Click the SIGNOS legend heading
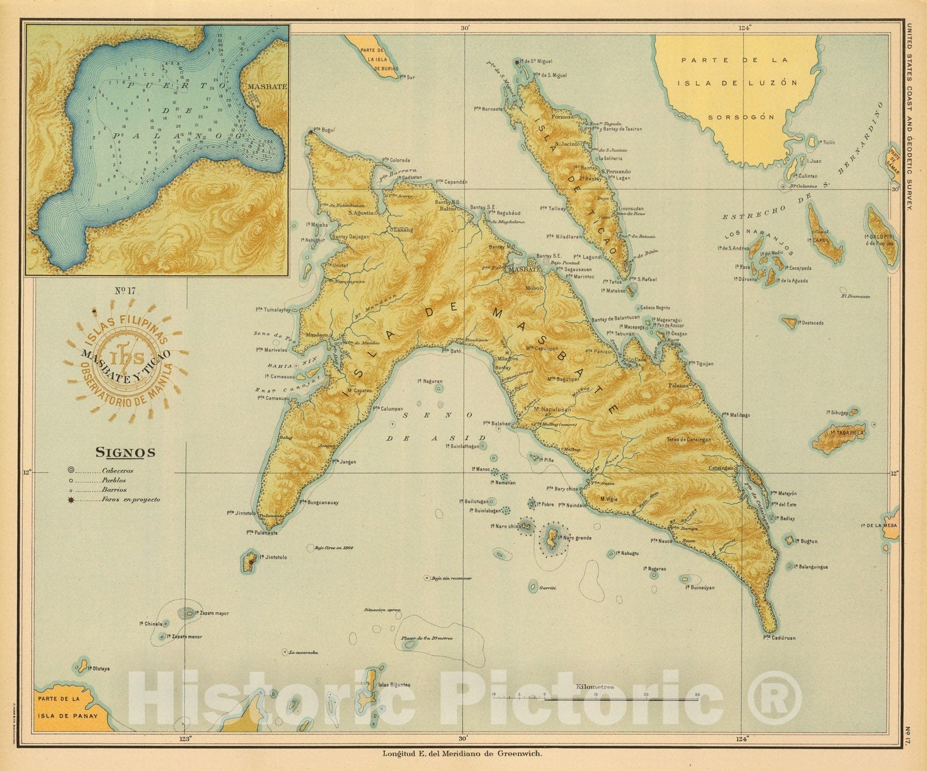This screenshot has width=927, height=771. (125, 452)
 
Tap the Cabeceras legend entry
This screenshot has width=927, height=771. (118, 471)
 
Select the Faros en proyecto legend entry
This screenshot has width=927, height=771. (130, 499)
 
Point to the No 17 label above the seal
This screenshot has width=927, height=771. (125, 291)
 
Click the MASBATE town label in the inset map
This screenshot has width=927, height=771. (267, 86)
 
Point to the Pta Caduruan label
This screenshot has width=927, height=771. (779, 638)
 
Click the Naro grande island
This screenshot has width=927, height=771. (552, 538)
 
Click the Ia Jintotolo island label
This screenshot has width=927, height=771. (272, 557)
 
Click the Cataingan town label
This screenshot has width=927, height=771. (721, 467)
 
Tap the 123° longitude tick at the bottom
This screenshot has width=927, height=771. (185, 739)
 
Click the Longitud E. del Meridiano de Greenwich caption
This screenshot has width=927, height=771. (462, 754)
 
